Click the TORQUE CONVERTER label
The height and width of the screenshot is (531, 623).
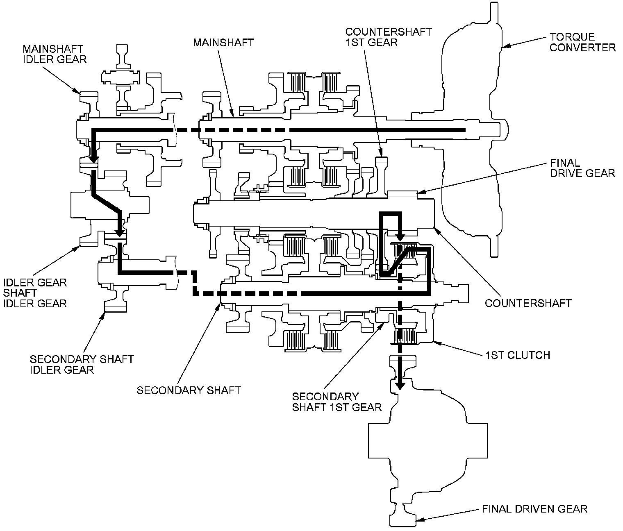click(582, 42)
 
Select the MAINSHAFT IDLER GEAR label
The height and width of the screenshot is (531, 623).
click(55, 54)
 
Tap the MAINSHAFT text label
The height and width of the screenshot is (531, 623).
click(224, 42)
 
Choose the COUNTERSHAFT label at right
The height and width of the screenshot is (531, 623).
click(528, 303)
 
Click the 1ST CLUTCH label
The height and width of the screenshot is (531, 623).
click(518, 355)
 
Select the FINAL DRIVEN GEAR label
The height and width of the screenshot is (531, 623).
click(534, 509)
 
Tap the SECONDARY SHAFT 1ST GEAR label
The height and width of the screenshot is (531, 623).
click(337, 402)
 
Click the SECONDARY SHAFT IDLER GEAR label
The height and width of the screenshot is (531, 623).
click(82, 364)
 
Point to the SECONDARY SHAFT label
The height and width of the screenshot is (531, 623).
click(189, 390)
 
